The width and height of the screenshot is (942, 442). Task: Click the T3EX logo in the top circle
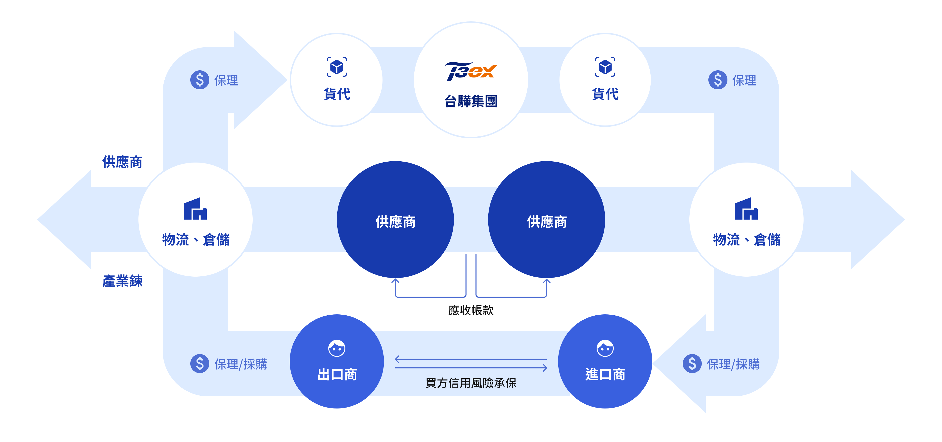point(471,71)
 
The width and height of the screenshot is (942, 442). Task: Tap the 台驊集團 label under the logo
point(471,101)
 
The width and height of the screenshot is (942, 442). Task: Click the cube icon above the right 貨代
point(605,67)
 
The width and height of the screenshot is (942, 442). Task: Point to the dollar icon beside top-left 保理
point(200,80)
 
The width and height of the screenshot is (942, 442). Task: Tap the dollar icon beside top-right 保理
point(717,80)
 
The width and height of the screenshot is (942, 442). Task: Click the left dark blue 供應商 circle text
point(395,222)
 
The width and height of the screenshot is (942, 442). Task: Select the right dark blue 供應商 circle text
point(547,222)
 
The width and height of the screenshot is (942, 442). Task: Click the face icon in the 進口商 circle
point(605,348)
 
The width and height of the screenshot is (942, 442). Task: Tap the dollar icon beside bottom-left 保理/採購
point(200,364)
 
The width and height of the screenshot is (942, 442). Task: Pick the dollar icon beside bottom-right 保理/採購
point(692,364)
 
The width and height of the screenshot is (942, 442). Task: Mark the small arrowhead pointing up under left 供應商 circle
point(395,281)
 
